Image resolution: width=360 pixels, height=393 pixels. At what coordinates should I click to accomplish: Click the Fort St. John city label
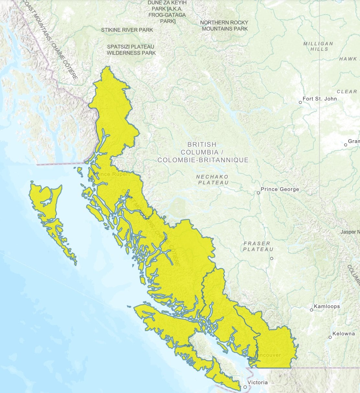pos(320,98)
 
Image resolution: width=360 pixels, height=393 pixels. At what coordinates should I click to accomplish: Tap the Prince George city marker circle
pos(258,193)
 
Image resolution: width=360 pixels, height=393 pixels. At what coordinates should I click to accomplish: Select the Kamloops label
pos(327,306)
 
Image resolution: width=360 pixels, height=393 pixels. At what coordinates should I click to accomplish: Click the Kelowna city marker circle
pos(330,337)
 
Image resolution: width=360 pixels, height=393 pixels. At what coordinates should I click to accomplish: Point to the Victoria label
pos(257,382)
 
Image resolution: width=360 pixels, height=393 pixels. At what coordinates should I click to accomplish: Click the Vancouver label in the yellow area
pos(267,355)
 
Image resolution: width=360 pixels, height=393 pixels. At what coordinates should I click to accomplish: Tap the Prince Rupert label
pos(112,174)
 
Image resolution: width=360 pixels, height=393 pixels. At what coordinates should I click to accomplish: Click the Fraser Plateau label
pos(258,246)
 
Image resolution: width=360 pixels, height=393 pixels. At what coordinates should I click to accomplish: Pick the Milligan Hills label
pos(318,46)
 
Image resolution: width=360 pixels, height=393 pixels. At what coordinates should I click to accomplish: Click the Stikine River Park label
pos(127,30)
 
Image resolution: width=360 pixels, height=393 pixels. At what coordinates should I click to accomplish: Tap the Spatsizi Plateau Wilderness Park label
pos(131,50)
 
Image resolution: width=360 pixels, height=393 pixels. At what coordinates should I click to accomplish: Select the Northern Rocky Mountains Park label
pos(224,26)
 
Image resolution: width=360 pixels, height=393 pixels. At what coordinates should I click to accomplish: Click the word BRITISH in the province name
pos(201,144)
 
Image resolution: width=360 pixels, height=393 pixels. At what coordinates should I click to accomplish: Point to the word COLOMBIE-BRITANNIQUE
pos(203,160)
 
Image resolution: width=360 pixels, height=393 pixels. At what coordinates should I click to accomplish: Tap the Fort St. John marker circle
pos(300,102)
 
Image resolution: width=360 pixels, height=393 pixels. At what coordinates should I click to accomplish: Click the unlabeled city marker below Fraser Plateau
pos(272,259)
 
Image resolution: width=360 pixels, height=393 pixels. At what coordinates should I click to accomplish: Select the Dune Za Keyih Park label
pos(167,12)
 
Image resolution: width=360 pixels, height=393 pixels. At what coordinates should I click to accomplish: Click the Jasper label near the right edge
pos(350,232)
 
